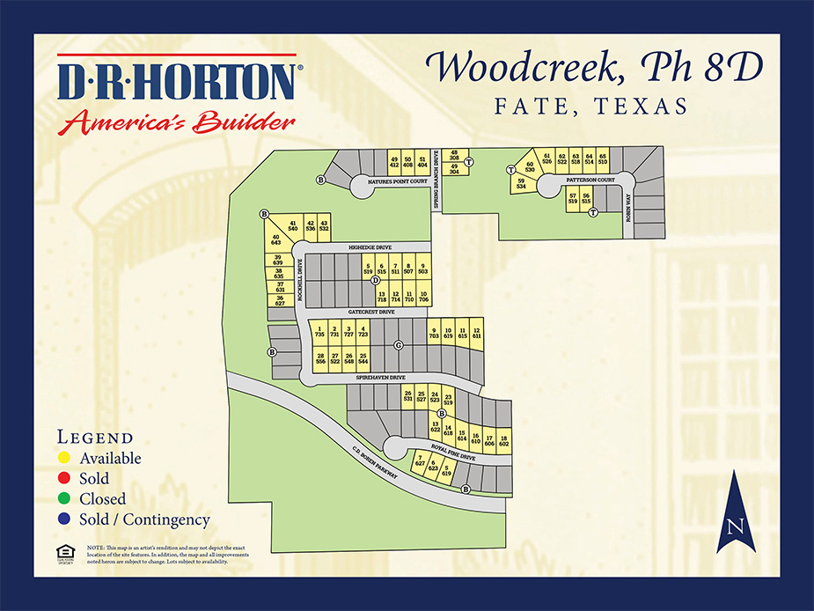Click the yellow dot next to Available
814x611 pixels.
tap(65, 459)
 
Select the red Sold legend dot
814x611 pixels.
tap(65, 479)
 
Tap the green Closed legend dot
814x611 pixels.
tap(65, 499)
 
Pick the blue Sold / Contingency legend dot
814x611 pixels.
tap(65, 519)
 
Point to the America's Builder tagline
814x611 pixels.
tap(176, 121)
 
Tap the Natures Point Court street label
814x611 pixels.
tap(393, 181)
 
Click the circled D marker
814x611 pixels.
tap(375, 280)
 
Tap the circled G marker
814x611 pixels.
tap(399, 345)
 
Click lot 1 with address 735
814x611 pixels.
tap(319, 332)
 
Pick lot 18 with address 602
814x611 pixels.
tap(504, 440)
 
